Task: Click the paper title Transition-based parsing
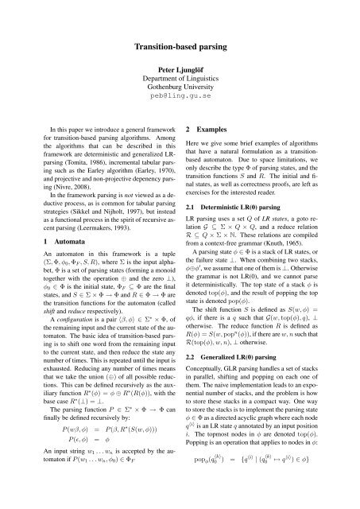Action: (180, 47)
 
